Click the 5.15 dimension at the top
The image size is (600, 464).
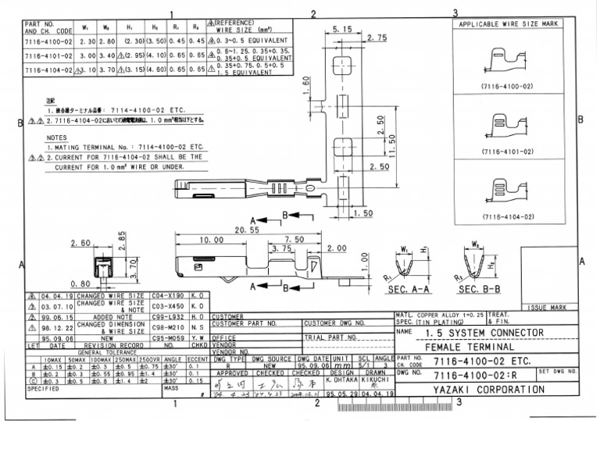(x=342, y=28)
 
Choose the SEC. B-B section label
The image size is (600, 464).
(x=479, y=289)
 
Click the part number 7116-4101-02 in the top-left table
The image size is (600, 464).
(x=48, y=55)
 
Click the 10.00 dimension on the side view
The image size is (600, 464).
(x=211, y=240)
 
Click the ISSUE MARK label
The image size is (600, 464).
(x=547, y=308)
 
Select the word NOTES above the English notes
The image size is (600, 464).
(x=56, y=137)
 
